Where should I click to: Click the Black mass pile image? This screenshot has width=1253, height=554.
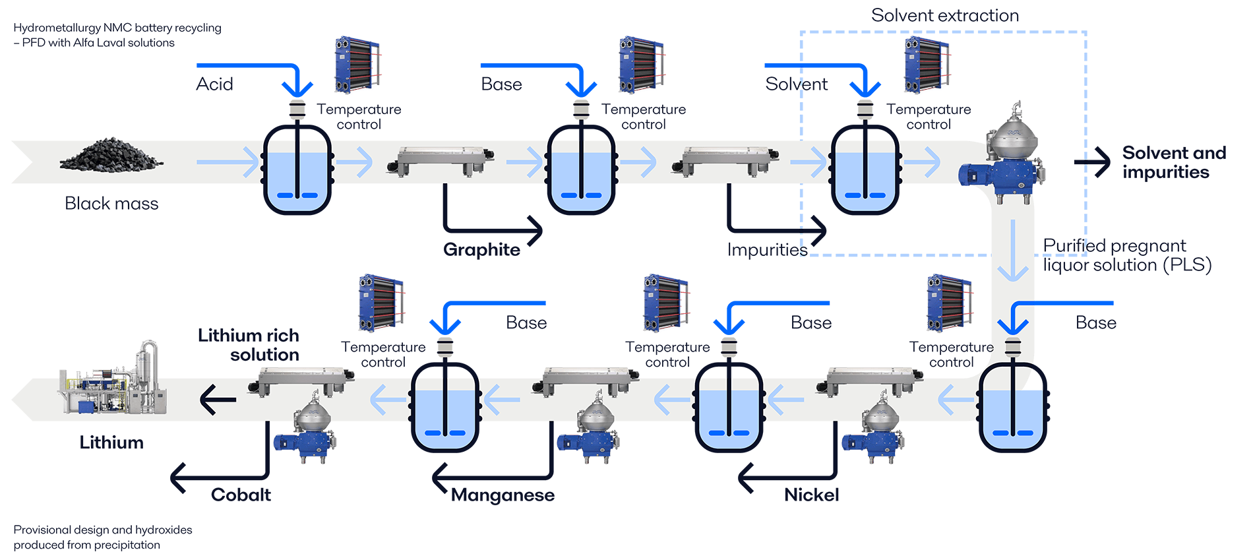click(x=111, y=154)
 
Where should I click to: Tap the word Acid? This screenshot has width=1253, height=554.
click(x=214, y=84)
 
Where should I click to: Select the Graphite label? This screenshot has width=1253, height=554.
click(x=481, y=249)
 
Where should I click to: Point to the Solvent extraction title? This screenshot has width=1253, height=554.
click(x=945, y=16)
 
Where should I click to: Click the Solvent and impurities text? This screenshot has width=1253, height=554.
click(x=1173, y=162)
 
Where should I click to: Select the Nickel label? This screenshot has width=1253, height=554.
click(x=811, y=495)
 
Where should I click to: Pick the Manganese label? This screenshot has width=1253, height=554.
click(x=503, y=495)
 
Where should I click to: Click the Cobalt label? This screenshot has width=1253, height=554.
click(x=241, y=495)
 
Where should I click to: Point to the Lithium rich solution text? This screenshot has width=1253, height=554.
click(x=249, y=345)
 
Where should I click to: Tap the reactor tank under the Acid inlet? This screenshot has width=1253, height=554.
click(x=297, y=171)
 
